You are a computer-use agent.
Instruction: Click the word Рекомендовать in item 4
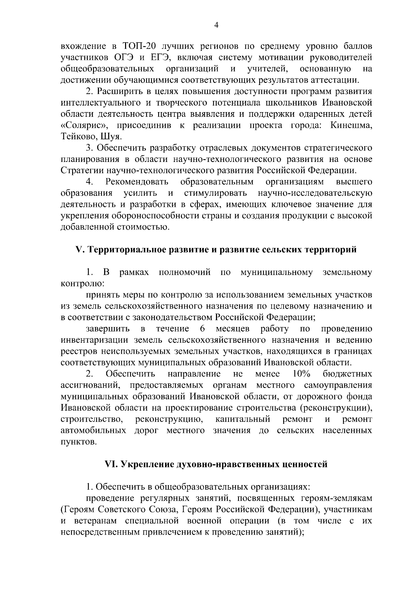[x=137, y=182]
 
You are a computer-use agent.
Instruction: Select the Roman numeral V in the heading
[x=78, y=250]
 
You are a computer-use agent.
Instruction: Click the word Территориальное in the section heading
[x=122, y=250]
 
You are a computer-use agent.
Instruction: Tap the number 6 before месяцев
[x=203, y=329]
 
